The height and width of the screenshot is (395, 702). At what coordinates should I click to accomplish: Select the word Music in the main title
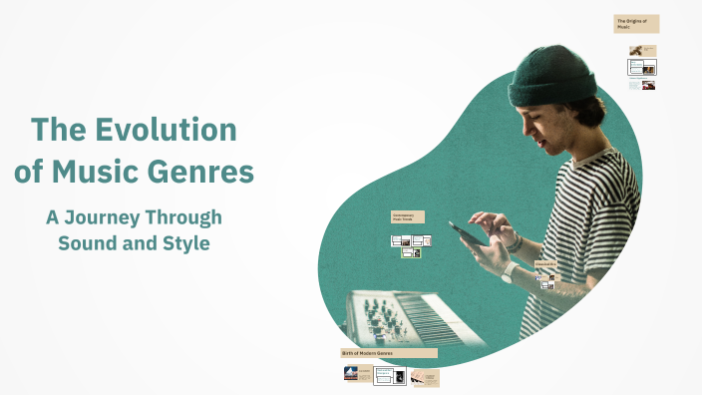[x=104, y=172]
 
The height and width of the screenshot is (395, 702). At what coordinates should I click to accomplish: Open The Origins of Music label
[x=636, y=24]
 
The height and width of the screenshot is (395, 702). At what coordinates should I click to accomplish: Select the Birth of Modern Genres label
[x=388, y=353]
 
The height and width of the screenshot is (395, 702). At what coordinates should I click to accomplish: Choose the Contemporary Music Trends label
[x=408, y=216]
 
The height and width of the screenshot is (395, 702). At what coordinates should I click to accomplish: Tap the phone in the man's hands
[x=467, y=232]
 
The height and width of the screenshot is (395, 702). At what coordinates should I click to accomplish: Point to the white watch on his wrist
[x=508, y=273]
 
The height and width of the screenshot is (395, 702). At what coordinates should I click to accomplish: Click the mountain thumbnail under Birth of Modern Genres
[x=350, y=374]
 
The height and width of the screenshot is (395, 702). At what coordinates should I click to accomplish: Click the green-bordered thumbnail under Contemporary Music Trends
[x=410, y=253]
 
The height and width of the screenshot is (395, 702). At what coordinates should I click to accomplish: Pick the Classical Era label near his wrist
[x=544, y=263]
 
